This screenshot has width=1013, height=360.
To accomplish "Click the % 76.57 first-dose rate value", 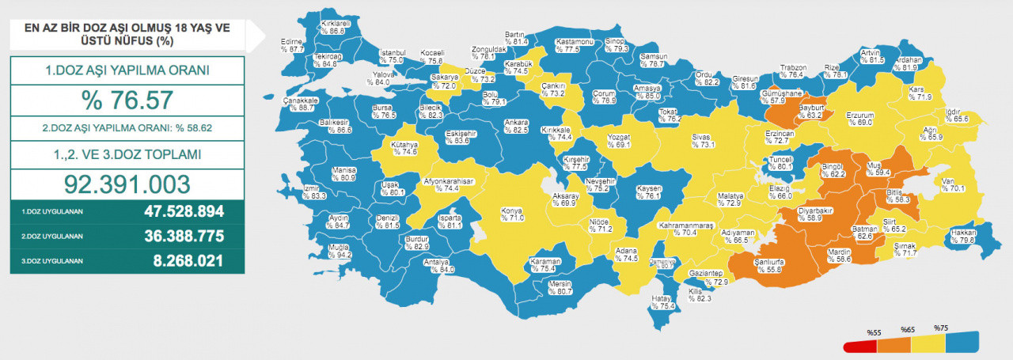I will click(x=127, y=100).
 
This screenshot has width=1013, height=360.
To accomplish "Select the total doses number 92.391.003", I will click(x=127, y=184).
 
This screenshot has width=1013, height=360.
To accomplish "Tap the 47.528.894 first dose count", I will click(x=184, y=212).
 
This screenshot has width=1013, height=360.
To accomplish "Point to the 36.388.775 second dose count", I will click(x=184, y=236).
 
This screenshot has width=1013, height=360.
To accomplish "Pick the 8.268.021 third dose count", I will click(x=184, y=260).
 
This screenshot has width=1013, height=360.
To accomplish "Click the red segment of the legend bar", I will click(x=859, y=346).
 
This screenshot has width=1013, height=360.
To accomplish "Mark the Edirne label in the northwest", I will click(x=293, y=44).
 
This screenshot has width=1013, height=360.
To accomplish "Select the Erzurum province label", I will click(x=859, y=118).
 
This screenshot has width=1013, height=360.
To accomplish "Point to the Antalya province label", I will click(x=436, y=265).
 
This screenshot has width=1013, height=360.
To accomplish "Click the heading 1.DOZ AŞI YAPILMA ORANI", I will click(x=127, y=70).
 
